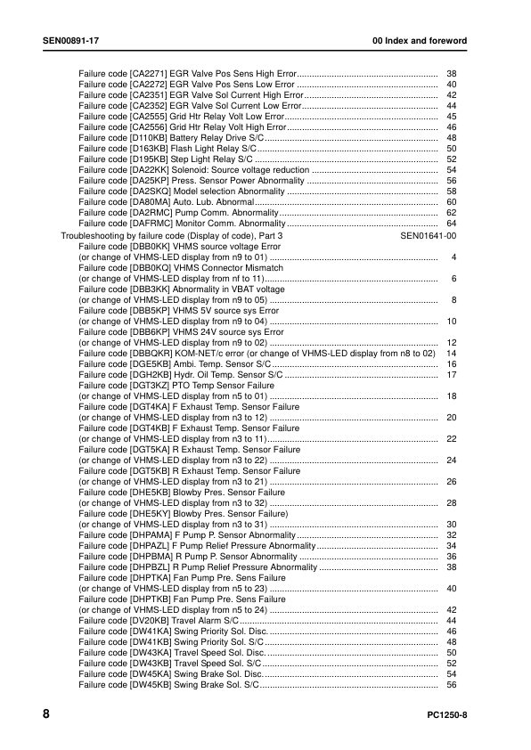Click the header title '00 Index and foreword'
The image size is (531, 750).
[x=420, y=42]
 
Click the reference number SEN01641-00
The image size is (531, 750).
[x=429, y=235]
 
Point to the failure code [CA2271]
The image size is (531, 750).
[x=149, y=73]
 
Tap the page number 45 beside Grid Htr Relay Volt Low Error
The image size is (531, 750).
[x=451, y=116]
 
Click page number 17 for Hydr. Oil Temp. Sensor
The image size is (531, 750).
[x=451, y=375]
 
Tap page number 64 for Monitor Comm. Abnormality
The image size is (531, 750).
[x=451, y=224]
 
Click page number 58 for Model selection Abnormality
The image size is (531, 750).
[x=451, y=192]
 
